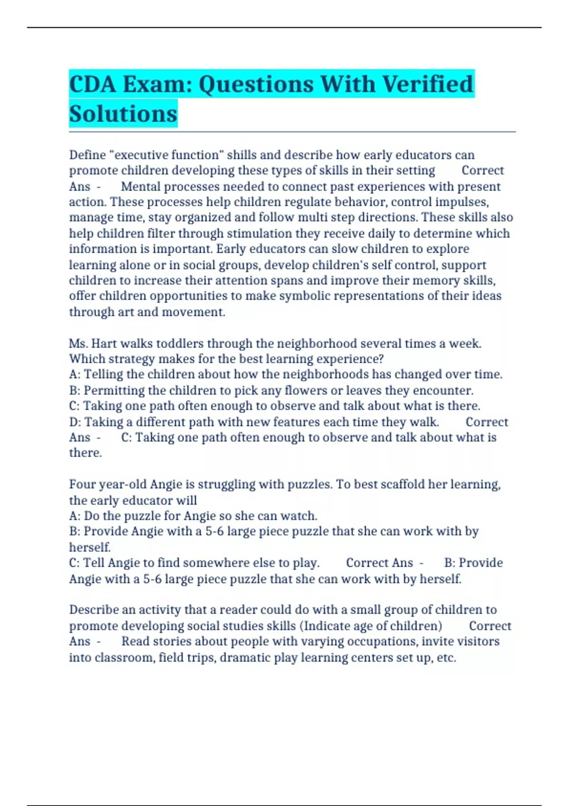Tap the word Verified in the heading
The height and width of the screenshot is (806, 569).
point(427,84)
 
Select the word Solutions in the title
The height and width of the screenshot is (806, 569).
point(123,114)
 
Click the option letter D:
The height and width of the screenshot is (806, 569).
point(75,422)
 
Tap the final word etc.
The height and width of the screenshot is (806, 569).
point(446,658)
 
